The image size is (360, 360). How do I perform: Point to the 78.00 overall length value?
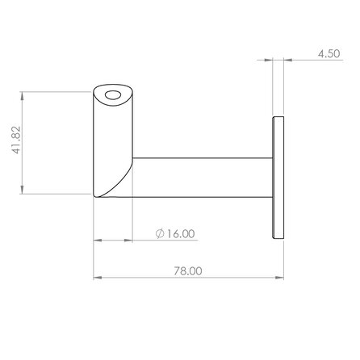(187, 273)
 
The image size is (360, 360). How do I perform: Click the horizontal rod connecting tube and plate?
(202, 178)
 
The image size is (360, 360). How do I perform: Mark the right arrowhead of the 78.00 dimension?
(280, 279)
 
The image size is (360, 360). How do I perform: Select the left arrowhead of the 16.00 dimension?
(97, 240)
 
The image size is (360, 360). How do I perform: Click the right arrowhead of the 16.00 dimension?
(129, 240)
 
